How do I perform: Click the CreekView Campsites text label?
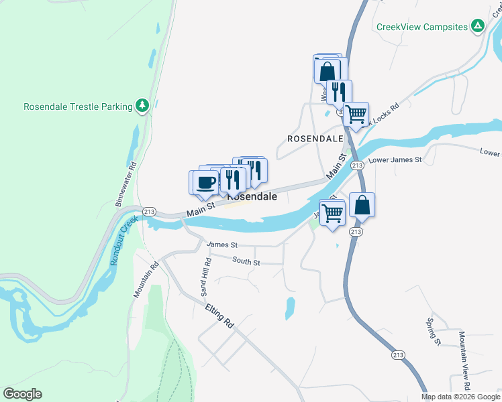coord(421,27)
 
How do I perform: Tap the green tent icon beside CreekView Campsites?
coord(477,27)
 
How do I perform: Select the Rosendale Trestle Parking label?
coord(77,107)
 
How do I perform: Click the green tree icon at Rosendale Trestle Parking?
coord(142,107)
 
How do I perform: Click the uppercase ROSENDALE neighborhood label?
coord(311,139)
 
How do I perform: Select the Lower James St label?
coord(395,160)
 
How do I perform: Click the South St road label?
coord(246,261)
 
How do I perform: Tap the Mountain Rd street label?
coord(147,280)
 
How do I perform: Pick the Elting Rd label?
coord(220,315)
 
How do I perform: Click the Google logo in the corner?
coord(22,394)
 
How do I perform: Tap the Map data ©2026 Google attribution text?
coord(461,397)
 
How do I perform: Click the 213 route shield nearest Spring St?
coord(398,354)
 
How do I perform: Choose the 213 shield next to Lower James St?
coord(357,165)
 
